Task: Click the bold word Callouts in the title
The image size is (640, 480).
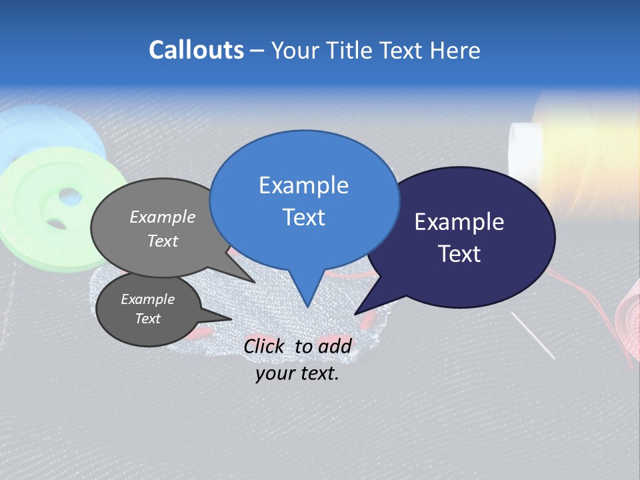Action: (196, 50)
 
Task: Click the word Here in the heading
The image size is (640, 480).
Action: (456, 50)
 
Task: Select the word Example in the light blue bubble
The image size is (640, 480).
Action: (303, 185)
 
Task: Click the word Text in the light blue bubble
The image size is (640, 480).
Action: (303, 217)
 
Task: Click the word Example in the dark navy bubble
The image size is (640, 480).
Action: (459, 222)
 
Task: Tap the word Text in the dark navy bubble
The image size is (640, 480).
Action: (459, 254)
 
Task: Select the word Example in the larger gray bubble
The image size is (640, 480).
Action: (163, 217)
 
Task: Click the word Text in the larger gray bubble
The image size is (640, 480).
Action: (163, 241)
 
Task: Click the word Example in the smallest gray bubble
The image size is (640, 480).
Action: (147, 299)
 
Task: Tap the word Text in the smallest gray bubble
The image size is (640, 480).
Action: (147, 319)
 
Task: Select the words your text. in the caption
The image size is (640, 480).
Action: (297, 373)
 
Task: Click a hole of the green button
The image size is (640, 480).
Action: (69, 197)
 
